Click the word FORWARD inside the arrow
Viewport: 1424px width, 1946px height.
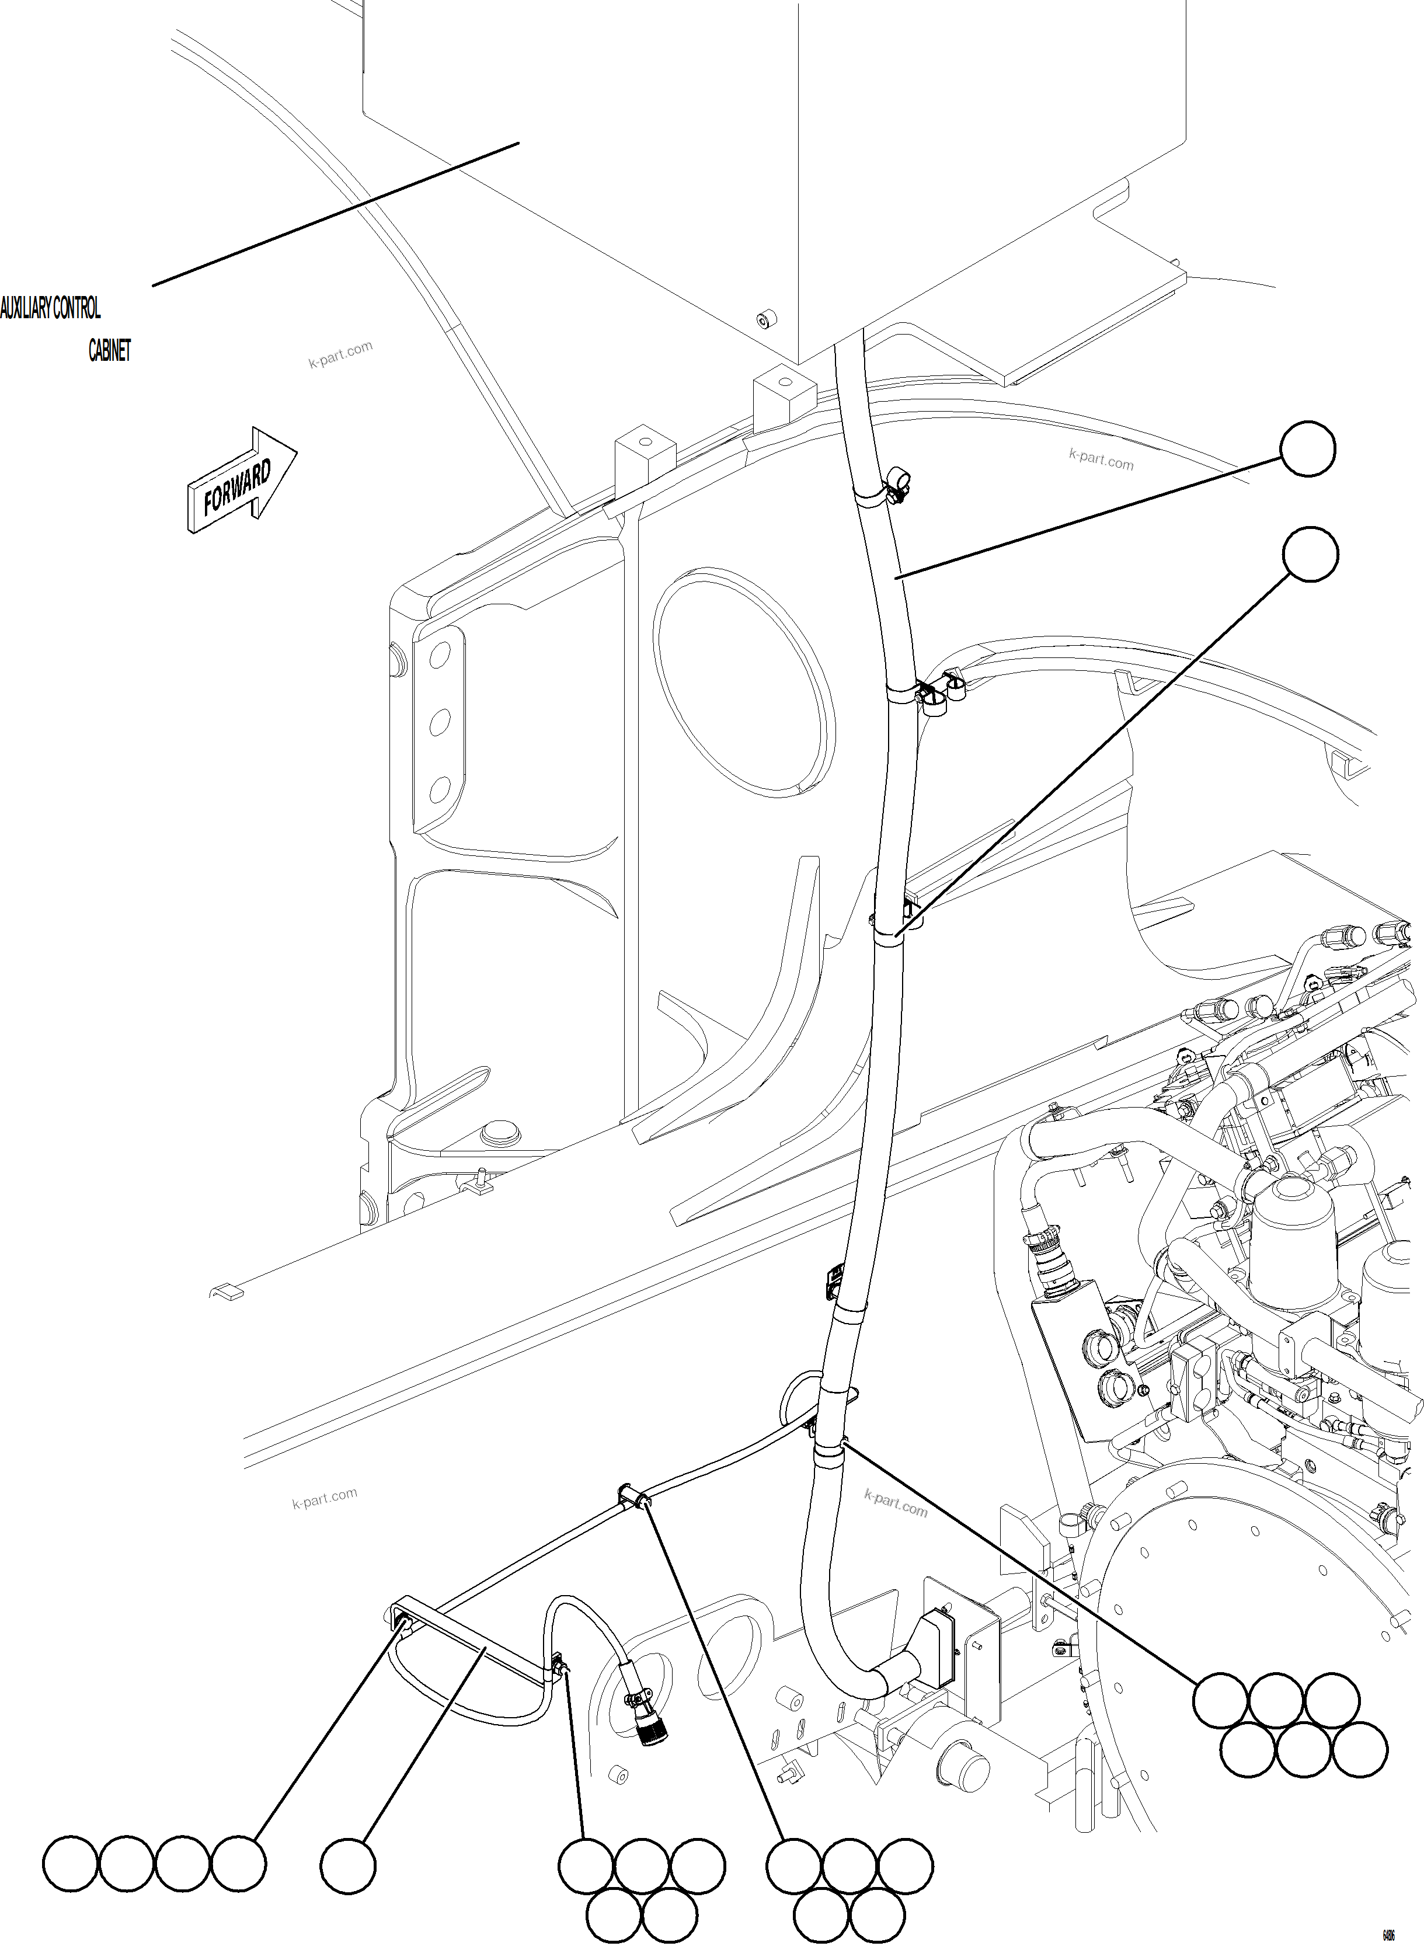pos(237,487)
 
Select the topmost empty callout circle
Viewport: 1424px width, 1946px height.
pos(1308,448)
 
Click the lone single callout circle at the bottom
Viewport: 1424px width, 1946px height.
pos(348,1866)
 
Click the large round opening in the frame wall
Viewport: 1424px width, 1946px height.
pos(743,684)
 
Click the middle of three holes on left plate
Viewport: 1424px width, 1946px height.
pos(440,723)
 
